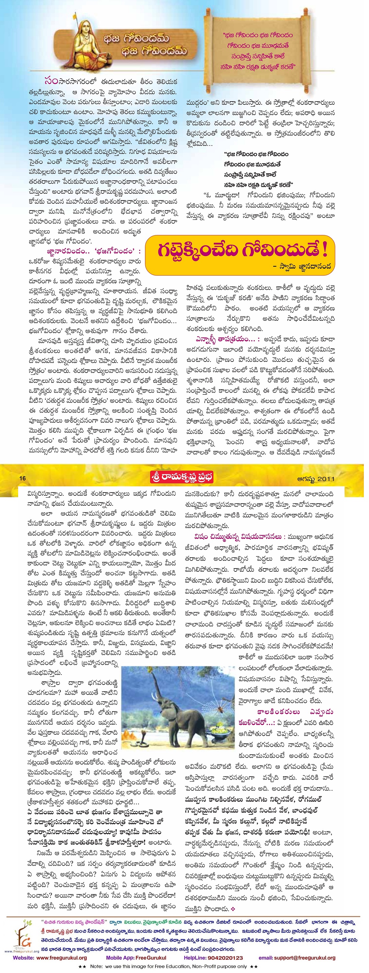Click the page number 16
pos(22,478)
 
